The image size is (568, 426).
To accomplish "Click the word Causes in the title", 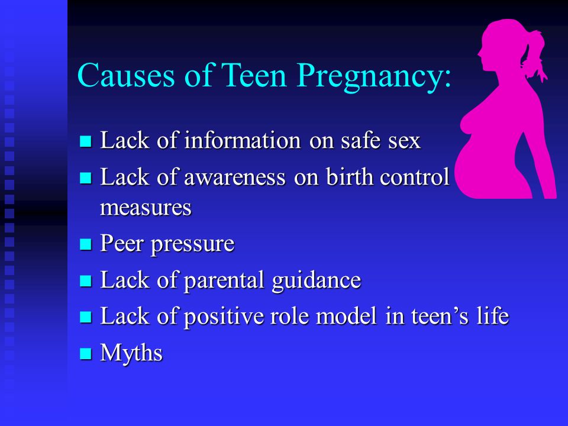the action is [125, 75].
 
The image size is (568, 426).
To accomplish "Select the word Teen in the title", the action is [253, 75].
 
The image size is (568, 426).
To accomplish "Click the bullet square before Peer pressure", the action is [85, 244].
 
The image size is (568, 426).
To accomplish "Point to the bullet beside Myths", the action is [85, 353].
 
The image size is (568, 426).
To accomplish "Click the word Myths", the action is [131, 353].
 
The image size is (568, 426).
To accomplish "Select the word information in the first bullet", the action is [243, 140].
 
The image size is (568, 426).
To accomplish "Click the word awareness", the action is [235, 178].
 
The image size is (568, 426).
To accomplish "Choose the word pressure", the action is [192, 245].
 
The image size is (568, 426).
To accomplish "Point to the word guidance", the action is [316, 281].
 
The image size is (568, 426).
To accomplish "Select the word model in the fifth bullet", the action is [346, 316].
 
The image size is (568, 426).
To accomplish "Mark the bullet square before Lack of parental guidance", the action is [85, 280].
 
